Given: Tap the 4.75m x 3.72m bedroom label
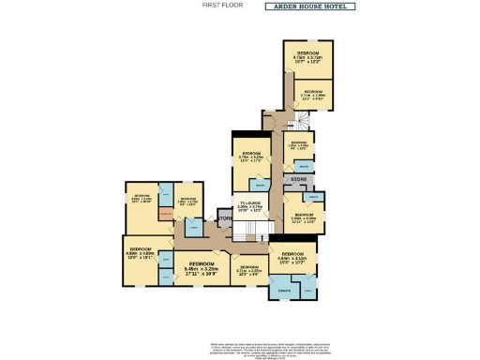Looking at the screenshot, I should coord(308,56).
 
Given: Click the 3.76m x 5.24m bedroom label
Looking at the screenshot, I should coord(250,157).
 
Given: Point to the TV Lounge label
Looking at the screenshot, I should coord(248,208).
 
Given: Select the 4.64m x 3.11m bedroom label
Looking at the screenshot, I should coord(292,259).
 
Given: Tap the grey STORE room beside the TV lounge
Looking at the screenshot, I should coord(224,219).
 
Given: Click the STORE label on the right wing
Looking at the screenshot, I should coord(298,178).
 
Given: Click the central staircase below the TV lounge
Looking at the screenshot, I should coord(263,230).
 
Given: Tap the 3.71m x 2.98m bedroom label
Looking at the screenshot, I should coord(313,95).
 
